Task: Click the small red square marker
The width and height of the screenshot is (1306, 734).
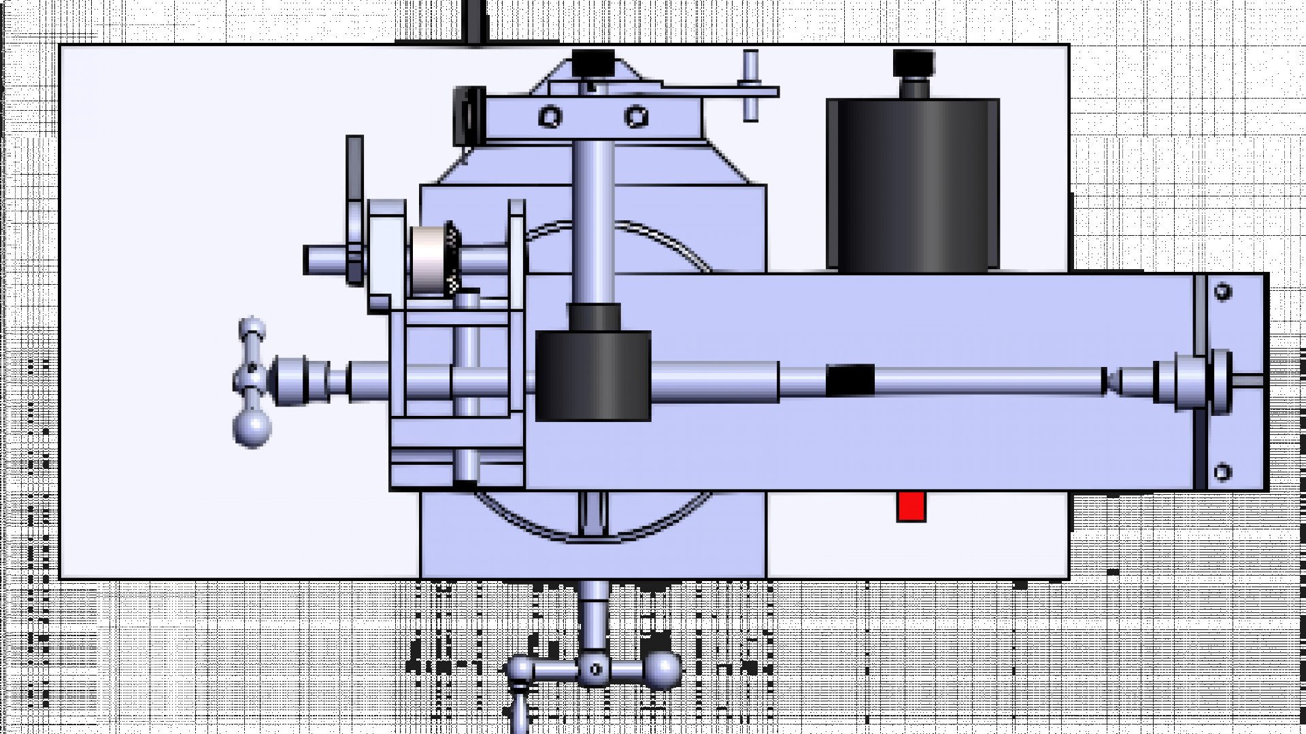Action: [x=911, y=507]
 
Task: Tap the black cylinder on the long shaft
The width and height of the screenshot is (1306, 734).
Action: [x=592, y=376]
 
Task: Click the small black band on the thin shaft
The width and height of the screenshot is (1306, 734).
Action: [x=850, y=380]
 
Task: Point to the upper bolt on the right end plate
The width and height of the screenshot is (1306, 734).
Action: [x=1222, y=292]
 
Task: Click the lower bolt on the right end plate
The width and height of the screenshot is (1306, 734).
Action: [x=1222, y=472]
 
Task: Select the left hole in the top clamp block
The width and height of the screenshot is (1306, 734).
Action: [x=550, y=117]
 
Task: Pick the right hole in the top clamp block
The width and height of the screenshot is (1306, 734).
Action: [x=636, y=117]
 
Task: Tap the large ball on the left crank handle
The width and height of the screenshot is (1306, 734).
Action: [x=252, y=427]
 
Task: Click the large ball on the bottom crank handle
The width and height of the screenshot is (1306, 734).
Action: [x=661, y=669]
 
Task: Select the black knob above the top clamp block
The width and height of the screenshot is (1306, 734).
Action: [x=592, y=63]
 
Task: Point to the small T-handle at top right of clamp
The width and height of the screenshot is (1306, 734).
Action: [x=750, y=86]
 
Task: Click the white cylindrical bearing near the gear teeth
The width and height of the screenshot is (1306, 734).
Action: [x=427, y=261]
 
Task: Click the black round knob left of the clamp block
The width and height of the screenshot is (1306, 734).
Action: [x=468, y=116]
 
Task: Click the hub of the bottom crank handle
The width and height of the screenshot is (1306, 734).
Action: [x=595, y=669]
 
